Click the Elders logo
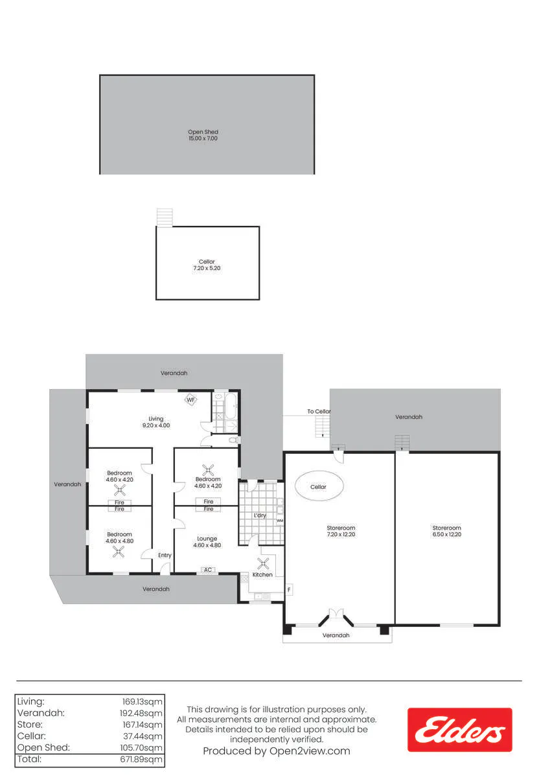click(x=459, y=730)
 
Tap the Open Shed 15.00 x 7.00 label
click(x=203, y=135)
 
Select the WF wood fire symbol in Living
click(x=190, y=400)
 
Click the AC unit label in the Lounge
click(x=208, y=570)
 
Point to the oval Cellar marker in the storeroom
click(x=319, y=487)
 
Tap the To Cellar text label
click(x=319, y=411)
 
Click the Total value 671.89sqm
click(x=141, y=760)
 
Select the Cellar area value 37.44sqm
click(x=143, y=736)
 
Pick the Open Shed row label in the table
click(x=43, y=747)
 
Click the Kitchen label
click(x=262, y=575)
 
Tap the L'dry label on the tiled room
click(x=260, y=515)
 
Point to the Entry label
click(x=165, y=556)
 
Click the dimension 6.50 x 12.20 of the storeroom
click(x=446, y=534)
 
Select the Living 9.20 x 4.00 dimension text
click(x=156, y=425)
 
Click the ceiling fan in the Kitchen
click(x=262, y=564)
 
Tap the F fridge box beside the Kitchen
click(x=289, y=589)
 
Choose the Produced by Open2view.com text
click(x=277, y=751)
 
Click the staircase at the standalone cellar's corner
click(x=165, y=218)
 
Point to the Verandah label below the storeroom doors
click(x=336, y=635)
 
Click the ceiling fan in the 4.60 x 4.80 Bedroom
click(x=119, y=552)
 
